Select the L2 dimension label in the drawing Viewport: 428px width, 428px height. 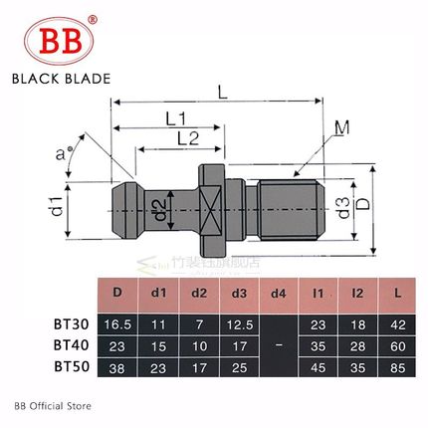click(x=184, y=138)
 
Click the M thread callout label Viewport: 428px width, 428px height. click(x=341, y=126)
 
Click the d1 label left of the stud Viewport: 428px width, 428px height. click(x=59, y=207)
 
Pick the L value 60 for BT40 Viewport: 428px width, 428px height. click(x=396, y=344)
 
